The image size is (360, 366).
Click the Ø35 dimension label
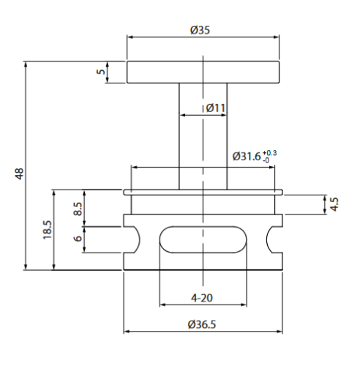coord(201,30)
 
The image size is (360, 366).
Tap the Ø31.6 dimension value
coord(247,156)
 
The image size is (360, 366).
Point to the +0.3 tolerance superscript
coord(269,152)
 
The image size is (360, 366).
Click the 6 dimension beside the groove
coord(78,239)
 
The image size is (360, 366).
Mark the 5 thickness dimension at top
coord(101,72)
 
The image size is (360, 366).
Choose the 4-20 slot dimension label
coord(201,298)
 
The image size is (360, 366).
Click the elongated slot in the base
coord(203,239)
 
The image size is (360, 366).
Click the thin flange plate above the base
coord(203,193)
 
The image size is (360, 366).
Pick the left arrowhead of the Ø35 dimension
coord(130,37)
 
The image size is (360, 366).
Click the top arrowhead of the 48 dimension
coord(27,65)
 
